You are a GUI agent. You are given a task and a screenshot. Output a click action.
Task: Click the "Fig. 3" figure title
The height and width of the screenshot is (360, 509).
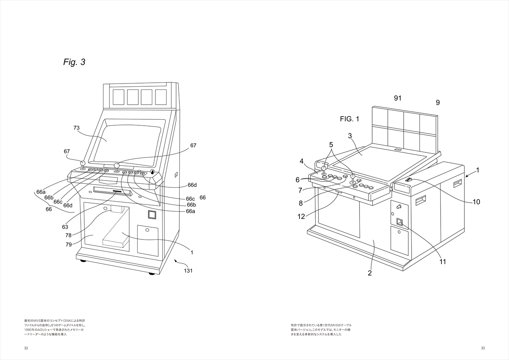tap(74, 62)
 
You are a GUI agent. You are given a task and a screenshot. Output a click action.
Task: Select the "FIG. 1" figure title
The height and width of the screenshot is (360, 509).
tap(349, 119)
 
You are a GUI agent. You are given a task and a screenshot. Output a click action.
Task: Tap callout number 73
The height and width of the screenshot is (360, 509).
tap(77, 128)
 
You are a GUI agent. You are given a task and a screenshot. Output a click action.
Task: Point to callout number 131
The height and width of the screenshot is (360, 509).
tap(188, 270)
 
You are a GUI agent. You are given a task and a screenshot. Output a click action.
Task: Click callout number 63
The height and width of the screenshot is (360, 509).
tap(64, 227)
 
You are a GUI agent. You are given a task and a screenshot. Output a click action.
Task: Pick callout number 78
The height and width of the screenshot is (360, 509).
tap(68, 235)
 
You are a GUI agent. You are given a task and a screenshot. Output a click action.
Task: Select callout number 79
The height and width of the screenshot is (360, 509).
tap(68, 244)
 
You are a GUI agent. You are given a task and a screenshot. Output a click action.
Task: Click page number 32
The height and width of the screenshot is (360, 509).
tap(26, 348)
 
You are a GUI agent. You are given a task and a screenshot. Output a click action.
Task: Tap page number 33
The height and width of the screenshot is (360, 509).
tap(483, 348)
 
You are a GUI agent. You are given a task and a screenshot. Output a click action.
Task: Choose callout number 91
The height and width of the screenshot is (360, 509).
tap(398, 98)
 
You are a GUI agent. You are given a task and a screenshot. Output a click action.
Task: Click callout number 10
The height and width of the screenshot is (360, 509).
tap(476, 202)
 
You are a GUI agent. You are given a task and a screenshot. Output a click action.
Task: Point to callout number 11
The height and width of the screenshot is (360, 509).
tap(443, 262)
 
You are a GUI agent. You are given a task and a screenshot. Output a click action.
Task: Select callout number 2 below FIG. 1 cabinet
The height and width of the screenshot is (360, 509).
tap(369, 273)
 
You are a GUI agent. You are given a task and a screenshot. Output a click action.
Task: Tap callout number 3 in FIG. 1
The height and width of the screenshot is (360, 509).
tap(350, 136)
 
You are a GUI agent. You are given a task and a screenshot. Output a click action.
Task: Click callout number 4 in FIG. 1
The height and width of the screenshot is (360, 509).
tap(302, 161)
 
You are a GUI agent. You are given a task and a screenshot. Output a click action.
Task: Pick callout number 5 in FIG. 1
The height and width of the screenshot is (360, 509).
tap(331, 144)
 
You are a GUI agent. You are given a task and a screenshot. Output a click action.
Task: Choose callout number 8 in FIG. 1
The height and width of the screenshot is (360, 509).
tap(301, 203)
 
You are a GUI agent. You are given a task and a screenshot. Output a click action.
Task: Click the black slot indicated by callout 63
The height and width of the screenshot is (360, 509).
tap(117, 191)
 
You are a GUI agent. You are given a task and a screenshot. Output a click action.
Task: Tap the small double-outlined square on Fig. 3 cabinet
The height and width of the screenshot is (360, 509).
tap(152, 214)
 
